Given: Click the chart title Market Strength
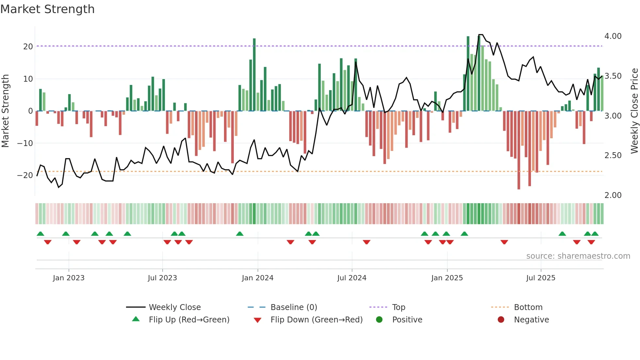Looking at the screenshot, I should coord(47,9).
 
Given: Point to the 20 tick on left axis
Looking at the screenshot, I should coord(28,46).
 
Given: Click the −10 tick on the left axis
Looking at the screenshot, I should coord(25,143).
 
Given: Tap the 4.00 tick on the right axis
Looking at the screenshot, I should coord(613,36).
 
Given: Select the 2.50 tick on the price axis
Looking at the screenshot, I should coord(613,155).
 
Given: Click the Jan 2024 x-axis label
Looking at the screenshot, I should coord(257,278).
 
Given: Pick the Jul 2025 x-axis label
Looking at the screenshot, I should coord(540,278).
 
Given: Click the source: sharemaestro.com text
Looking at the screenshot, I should coord(578,256).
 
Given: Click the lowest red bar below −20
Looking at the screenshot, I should coord(519,150).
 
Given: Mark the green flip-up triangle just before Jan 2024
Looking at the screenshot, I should coord(240,234).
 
